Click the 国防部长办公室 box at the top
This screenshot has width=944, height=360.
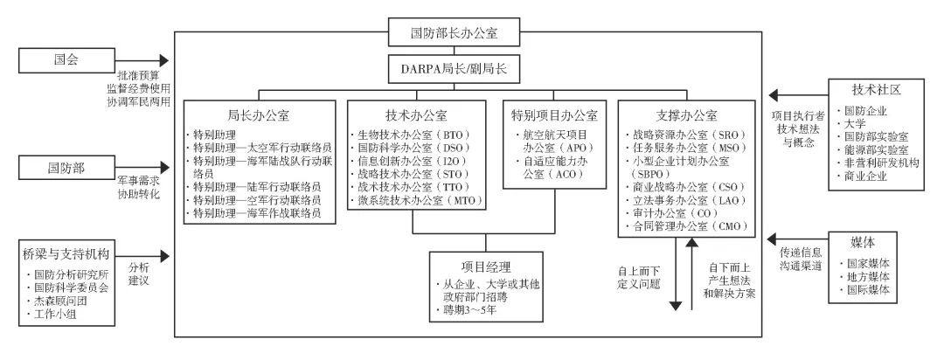pos(454,32)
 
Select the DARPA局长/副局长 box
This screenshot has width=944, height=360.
pos(454,69)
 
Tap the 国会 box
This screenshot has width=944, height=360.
pos(66,60)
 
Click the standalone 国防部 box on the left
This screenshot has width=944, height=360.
pos(66,168)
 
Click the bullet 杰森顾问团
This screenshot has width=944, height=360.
pos(57,300)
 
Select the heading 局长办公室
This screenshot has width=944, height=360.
pos(259,114)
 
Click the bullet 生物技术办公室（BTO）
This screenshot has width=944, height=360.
pos(412,135)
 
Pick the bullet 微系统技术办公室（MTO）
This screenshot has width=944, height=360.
pos(417,200)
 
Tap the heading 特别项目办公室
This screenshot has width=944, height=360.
pos(554,114)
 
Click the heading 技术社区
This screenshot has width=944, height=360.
pos(876,90)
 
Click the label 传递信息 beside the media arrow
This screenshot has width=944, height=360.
pos(800,252)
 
